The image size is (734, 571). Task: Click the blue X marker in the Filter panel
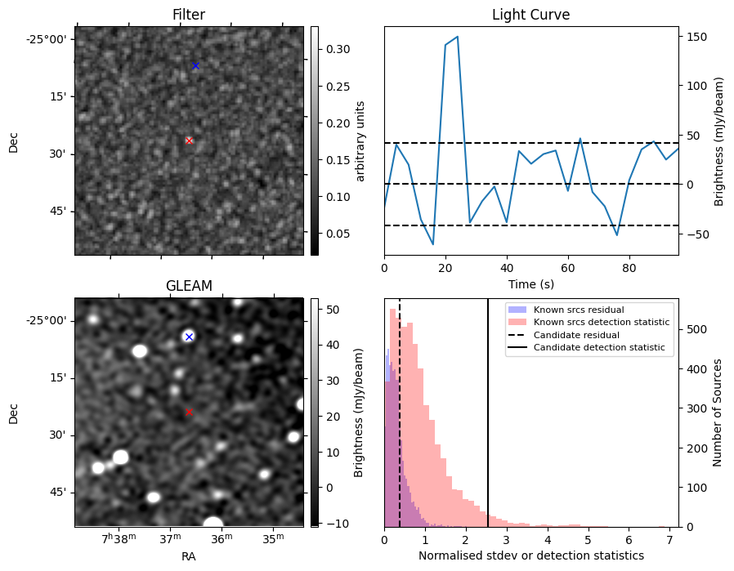coord(195,65)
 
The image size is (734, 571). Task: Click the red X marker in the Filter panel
coord(189,141)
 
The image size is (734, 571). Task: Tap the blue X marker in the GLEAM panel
coord(189,337)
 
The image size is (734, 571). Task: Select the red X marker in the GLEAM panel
coord(189,412)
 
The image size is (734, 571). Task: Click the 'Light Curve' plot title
coord(530,16)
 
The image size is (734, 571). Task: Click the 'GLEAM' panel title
coord(189,286)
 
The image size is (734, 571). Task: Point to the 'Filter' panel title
coord(189,16)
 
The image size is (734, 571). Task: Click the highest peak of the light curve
coord(457,37)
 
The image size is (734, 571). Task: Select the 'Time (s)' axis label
coord(530,283)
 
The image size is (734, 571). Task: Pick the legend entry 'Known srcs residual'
coord(578,310)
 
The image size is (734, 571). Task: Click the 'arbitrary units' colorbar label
coord(360,141)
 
